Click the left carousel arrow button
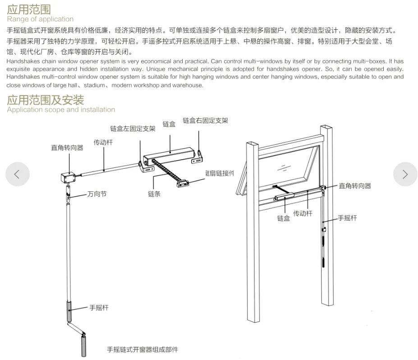point(18,174)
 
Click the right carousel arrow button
point(405,174)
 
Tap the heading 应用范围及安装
point(45,100)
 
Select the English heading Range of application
point(40,19)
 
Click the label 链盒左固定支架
point(133,129)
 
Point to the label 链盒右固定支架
point(205,121)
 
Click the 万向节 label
point(97,194)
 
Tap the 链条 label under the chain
point(154,194)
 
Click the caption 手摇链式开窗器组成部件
point(142,350)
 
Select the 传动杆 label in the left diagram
point(103,142)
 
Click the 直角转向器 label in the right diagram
point(355,185)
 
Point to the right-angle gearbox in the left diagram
point(67,176)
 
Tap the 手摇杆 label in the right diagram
point(347,218)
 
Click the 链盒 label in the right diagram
point(284,218)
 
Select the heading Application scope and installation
point(61,110)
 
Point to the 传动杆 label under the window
point(303,213)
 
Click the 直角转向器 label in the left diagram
point(67,148)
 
